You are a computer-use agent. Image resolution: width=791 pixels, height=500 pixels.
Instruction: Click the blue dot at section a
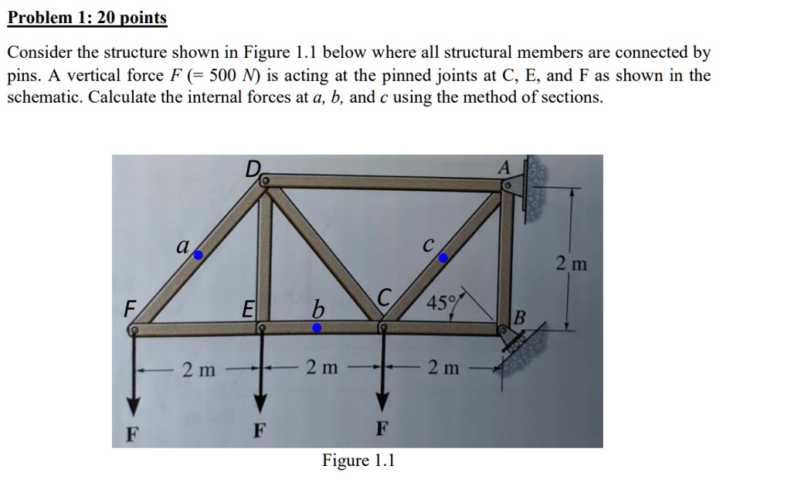pyautogui.click(x=199, y=254)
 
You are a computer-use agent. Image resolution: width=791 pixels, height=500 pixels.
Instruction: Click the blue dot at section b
pyautogui.click(x=317, y=328)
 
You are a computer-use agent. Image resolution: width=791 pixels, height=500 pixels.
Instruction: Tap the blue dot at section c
pyautogui.click(x=443, y=260)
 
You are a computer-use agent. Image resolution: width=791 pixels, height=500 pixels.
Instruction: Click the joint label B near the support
pyautogui.click(x=520, y=316)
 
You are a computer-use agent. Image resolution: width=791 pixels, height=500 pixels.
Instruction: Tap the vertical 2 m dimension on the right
pyautogui.click(x=572, y=264)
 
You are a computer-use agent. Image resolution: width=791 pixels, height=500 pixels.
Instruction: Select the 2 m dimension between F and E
pyautogui.click(x=199, y=369)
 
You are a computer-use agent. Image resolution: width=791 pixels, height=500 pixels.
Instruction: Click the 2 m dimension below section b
pyautogui.click(x=321, y=368)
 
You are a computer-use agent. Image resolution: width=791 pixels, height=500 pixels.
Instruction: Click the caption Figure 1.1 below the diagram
pyautogui.click(x=358, y=461)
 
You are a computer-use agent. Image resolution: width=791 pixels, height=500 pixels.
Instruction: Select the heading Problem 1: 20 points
pyautogui.click(x=87, y=18)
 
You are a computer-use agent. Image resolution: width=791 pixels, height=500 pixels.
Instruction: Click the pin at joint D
pyautogui.click(x=264, y=181)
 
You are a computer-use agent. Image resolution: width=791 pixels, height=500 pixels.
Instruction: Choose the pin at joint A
pyautogui.click(x=508, y=186)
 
